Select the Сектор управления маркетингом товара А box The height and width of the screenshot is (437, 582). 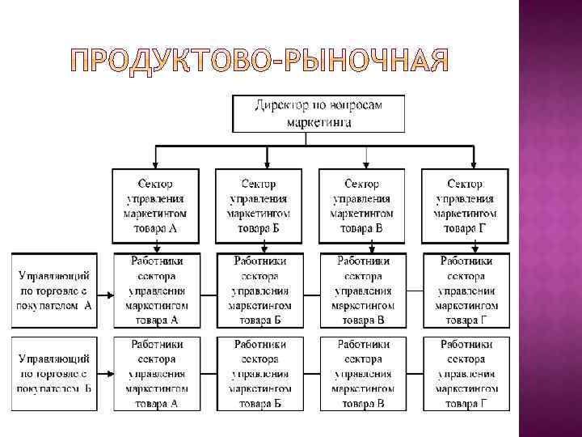(x=156, y=206)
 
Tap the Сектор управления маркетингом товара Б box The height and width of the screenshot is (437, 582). (x=259, y=206)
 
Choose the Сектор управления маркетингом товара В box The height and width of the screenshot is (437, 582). (x=361, y=206)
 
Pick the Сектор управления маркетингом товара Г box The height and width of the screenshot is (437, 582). (x=465, y=206)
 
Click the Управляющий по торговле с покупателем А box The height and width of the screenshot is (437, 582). (x=55, y=290)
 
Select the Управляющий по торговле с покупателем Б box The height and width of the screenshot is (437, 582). (x=55, y=372)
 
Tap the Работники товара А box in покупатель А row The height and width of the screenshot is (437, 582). (x=156, y=290)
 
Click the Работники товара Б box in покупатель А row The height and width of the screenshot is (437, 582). (x=259, y=290)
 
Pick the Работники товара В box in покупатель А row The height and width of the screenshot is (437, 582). (x=363, y=290)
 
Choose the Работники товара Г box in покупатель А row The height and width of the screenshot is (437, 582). (x=465, y=290)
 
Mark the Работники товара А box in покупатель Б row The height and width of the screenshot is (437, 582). (x=156, y=373)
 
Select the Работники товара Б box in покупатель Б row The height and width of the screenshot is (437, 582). (x=259, y=373)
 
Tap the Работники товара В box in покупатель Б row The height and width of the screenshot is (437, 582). (x=363, y=373)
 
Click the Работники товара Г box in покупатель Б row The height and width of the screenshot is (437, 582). (x=465, y=373)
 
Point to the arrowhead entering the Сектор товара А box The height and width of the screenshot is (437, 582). (x=156, y=163)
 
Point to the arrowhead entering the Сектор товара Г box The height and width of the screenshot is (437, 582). (x=473, y=163)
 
